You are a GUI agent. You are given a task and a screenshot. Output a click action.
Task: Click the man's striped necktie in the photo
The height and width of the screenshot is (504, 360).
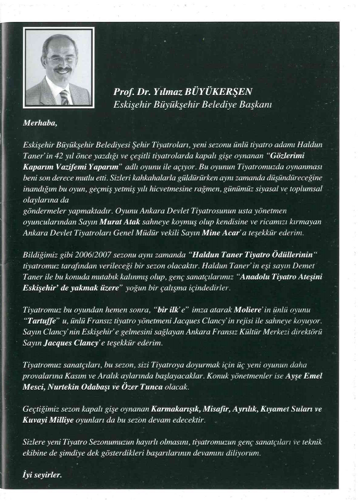pos(64,98)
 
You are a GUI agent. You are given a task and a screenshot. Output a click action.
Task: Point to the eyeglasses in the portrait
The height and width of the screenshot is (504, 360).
pos(61,59)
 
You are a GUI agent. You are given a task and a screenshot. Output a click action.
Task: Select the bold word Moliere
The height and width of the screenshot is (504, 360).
pos(246,310)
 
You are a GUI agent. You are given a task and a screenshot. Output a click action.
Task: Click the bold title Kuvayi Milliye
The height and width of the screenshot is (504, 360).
pos(48,420)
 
